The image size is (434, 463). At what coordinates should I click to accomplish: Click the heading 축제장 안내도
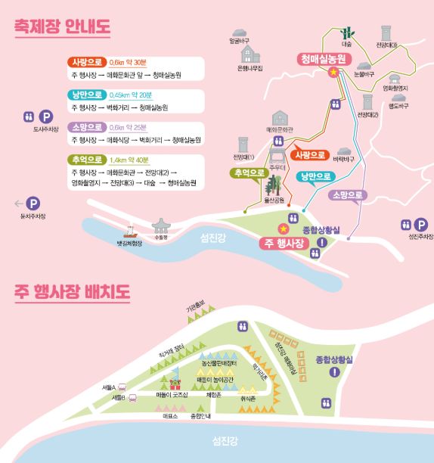pos(63,26)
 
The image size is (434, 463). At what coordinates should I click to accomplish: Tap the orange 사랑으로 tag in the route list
pos(85,62)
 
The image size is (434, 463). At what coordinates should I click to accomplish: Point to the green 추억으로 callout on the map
pos(250,172)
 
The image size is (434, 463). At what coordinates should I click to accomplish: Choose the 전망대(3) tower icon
pos(386,33)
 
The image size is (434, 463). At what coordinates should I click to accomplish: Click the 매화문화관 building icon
pos(281,119)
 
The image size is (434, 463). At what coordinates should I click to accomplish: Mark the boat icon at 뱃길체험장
pos(129,228)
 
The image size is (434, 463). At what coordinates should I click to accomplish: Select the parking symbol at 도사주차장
pos(46,117)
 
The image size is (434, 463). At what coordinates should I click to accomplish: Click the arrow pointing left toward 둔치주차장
pos(18,203)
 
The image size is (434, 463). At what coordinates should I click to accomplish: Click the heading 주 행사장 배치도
pos(72,291)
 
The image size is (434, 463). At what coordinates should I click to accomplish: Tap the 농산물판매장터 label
pos(220,365)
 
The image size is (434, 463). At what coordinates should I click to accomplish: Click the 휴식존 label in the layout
pos(248,399)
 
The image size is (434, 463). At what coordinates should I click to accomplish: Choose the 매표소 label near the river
pos(169,416)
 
